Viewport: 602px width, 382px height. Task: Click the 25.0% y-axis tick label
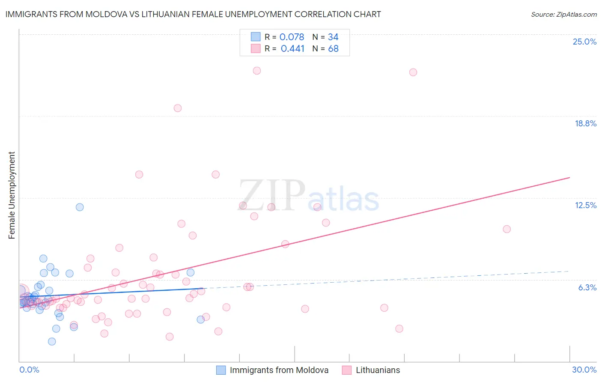pos(584,42)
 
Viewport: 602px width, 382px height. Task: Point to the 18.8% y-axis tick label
pos(585,123)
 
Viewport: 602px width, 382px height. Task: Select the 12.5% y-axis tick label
pos(585,205)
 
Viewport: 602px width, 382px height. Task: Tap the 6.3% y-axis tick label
pos(587,287)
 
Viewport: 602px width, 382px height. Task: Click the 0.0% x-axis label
pos(29,370)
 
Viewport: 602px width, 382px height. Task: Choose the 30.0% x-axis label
pos(584,370)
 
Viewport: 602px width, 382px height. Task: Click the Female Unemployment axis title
pos(12,195)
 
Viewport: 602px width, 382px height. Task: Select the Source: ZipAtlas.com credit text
pos(563,15)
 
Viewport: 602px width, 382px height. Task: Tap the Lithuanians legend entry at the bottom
pos(378,370)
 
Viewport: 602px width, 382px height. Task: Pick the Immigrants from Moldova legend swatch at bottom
pos(221,370)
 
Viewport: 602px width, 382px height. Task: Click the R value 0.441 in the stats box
pos(292,49)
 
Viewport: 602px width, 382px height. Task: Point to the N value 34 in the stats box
pos(333,37)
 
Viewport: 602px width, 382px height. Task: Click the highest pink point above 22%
pos(257,71)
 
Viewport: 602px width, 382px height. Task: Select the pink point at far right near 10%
pos(507,229)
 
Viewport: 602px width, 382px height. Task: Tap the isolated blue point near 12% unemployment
pos(80,207)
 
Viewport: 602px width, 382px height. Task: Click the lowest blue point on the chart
pos(52,341)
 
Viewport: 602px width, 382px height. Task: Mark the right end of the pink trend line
pos(569,177)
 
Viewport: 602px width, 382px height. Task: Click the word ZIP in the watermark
pos(271,195)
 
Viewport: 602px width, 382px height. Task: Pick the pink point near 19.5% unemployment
pos(178,108)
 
